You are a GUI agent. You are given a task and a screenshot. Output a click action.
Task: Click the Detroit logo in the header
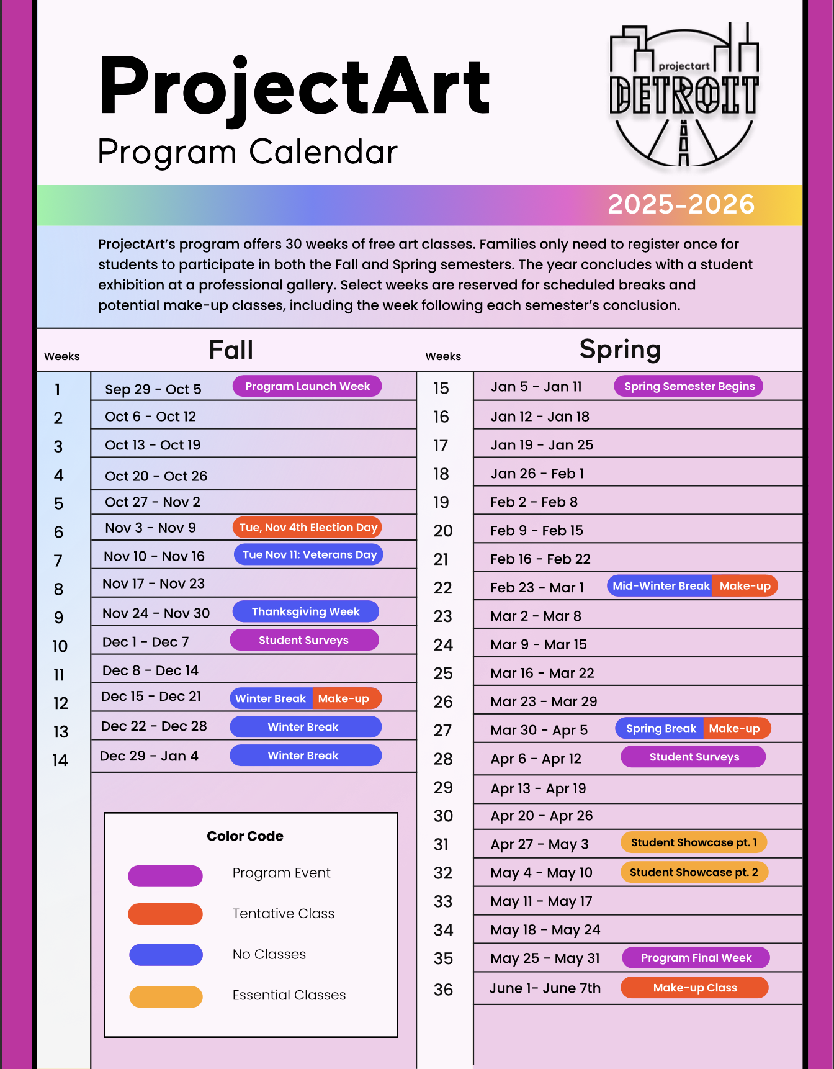[683, 96]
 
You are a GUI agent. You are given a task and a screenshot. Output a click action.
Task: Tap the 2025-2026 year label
[681, 204]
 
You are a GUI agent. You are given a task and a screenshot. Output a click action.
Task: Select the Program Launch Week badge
[307, 386]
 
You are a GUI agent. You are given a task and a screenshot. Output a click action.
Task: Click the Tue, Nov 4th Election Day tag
[308, 528]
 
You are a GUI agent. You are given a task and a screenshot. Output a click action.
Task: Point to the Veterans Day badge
[308, 554]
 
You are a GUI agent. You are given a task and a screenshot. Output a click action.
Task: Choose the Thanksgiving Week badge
[305, 611]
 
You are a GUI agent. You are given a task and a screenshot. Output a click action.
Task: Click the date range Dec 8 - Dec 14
[150, 670]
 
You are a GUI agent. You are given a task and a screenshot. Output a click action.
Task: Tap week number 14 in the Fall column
[60, 760]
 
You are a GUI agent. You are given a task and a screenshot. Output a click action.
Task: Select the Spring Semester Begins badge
[689, 386]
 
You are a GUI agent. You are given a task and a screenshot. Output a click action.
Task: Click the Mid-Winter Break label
[660, 586]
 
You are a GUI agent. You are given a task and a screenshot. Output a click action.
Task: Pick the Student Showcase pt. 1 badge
[694, 842]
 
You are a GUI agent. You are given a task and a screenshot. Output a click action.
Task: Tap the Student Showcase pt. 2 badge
[694, 872]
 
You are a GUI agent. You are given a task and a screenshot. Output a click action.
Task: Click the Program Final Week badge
[696, 958]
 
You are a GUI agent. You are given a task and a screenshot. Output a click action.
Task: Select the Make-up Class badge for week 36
[694, 988]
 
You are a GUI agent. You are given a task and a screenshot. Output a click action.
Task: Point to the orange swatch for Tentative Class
[165, 914]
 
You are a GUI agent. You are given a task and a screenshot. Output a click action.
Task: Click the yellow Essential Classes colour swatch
[165, 996]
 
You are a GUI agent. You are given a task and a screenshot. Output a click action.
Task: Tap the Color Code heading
[245, 836]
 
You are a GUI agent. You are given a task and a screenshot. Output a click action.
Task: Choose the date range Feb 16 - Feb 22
[540, 559]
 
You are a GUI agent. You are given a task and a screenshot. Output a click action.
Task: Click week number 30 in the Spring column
[443, 816]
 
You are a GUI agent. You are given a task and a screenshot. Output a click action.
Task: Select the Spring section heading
[620, 350]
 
